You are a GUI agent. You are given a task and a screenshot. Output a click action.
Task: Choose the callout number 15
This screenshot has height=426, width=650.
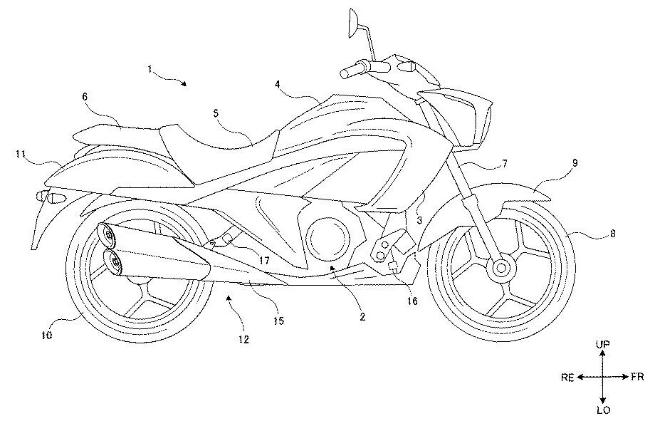pos(278,321)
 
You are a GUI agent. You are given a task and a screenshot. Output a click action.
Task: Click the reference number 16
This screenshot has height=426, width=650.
pos(412,301)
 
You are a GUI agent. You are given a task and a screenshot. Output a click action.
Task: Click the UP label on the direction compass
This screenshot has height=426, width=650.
pos(602,344)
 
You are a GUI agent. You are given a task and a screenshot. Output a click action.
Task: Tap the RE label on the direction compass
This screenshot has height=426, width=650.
pos(567,378)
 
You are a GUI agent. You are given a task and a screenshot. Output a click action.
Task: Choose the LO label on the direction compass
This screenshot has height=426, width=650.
pos(602,411)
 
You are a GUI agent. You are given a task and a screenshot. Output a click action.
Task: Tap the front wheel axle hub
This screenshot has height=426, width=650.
pos(500,269)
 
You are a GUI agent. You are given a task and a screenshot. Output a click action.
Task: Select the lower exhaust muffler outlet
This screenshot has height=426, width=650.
pos(115,261)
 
